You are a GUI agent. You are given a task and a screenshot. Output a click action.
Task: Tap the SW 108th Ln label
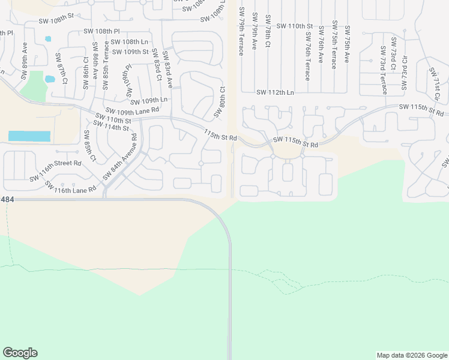coord(129,42)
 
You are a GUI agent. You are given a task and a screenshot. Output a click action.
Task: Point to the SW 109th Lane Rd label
coord(132,110)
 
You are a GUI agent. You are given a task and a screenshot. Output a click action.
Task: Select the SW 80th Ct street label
coord(220,102)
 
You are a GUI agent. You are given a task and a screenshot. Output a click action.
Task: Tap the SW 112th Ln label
coord(275,92)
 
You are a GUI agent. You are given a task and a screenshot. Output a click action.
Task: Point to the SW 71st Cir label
coord(435,85)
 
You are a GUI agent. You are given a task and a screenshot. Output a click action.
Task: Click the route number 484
coord(7,198)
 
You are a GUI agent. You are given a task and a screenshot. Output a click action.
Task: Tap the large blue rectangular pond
coord(29,136)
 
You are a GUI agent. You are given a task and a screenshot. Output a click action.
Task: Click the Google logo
coord(20,353)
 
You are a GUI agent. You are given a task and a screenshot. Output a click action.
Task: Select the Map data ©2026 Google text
coord(412,355)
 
